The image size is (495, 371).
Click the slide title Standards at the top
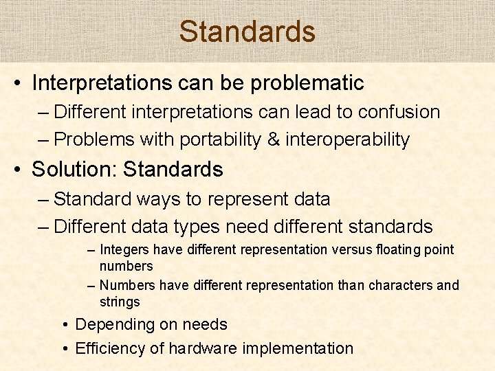pos(247,32)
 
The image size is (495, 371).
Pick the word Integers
pos(124,249)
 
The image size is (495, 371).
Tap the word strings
pos(120,302)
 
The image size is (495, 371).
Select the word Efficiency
pos(109,348)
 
